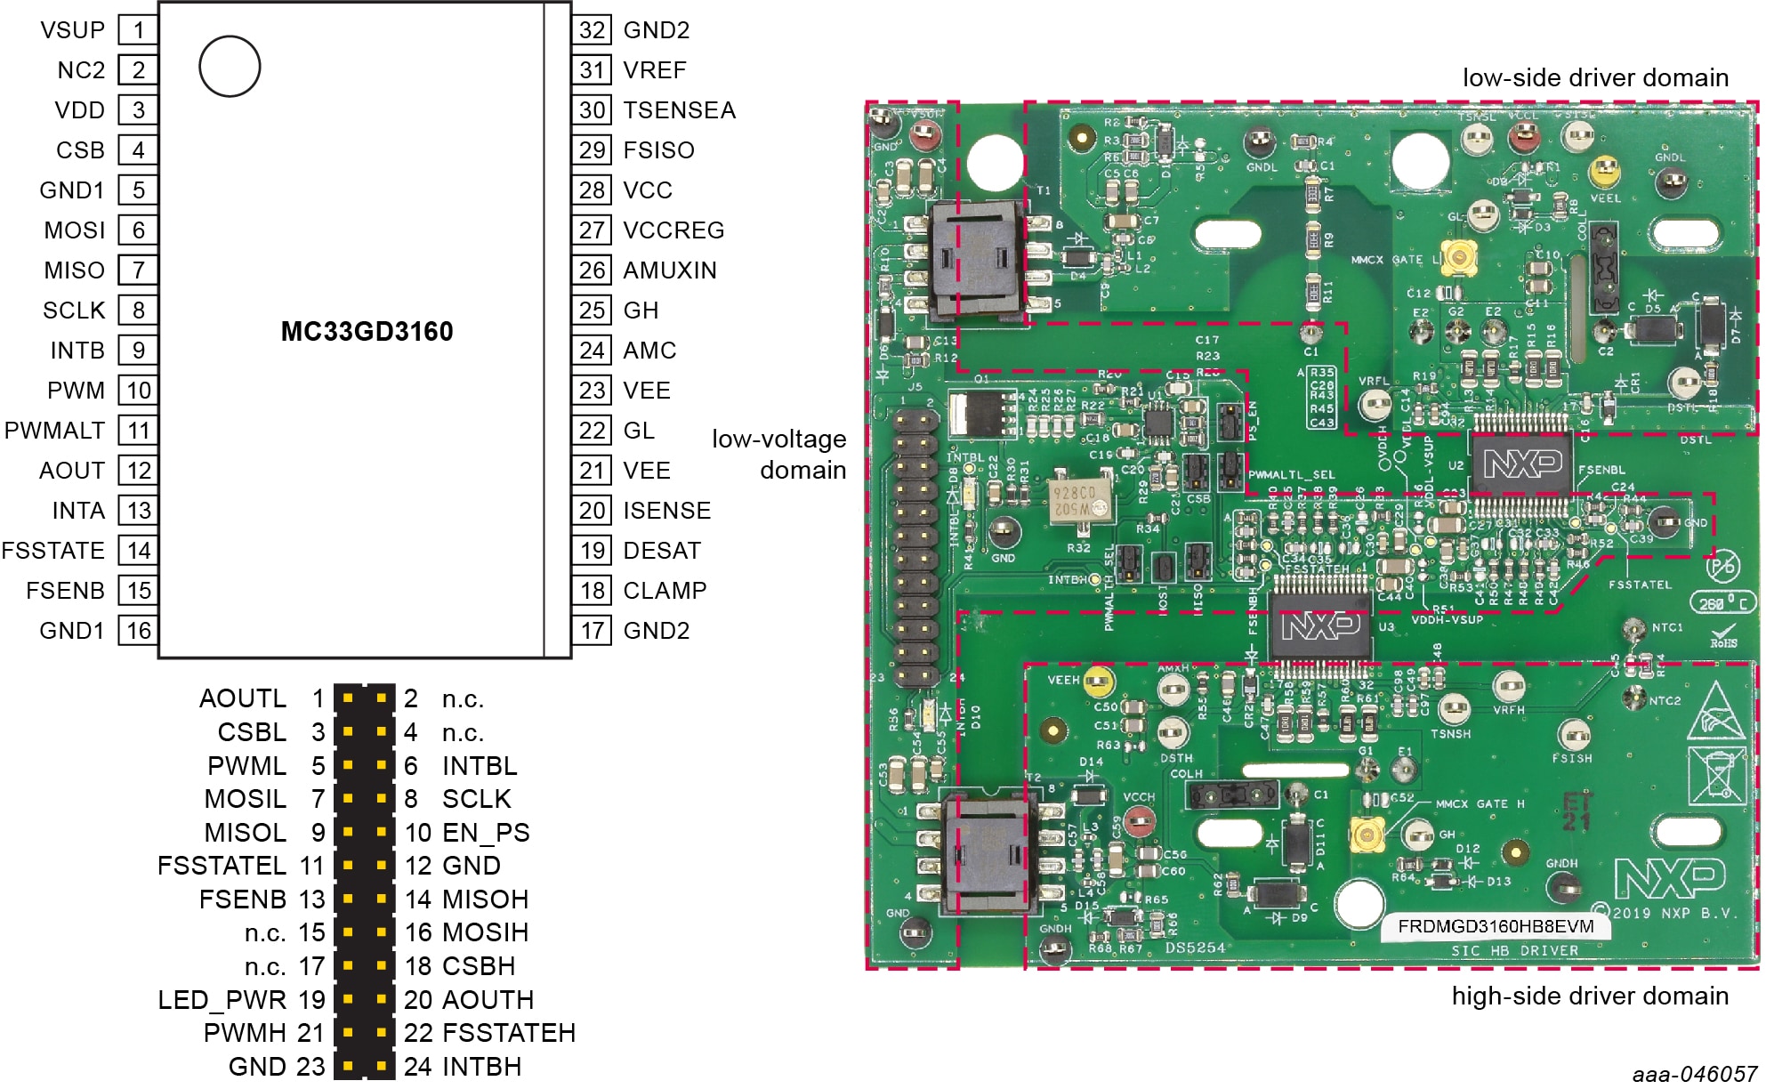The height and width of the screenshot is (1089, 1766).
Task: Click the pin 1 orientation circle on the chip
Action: coord(230,67)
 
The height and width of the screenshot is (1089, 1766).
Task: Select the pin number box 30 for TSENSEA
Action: coord(592,110)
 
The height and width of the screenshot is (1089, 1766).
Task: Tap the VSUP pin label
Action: coord(72,30)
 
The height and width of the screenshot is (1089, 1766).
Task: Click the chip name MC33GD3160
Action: coord(367,332)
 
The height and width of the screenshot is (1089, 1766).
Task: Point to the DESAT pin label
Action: coord(662,551)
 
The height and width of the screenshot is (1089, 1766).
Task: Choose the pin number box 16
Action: coord(139,631)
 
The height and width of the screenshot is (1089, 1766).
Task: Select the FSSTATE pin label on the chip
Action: coord(53,551)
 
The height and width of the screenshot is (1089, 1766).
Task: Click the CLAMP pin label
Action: coord(665,591)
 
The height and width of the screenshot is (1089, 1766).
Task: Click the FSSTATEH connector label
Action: coord(509,1033)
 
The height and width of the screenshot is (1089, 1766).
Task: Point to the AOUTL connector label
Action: coord(243,698)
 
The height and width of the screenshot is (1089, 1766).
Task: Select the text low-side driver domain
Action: coord(1595,78)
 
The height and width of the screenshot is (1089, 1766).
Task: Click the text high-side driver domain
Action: coord(1590,996)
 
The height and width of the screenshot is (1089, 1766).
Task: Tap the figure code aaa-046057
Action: coord(1694,1075)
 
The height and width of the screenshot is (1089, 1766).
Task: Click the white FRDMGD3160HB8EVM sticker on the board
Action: coord(1495,926)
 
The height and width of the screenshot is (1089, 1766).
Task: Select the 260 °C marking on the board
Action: coord(1723,603)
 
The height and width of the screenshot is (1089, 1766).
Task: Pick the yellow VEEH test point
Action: coord(1099,682)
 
